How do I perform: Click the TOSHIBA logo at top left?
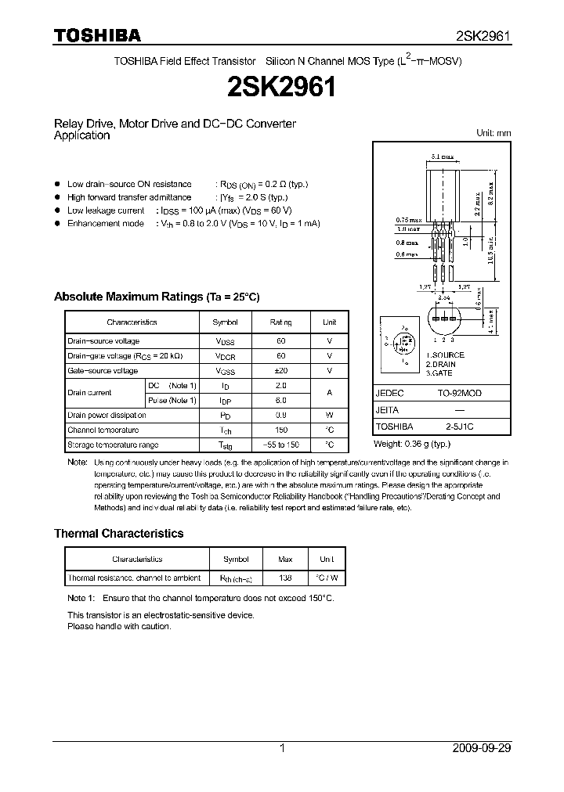(x=97, y=34)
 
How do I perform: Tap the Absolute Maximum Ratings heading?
(x=156, y=297)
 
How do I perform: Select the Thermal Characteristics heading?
(x=118, y=534)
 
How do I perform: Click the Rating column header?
(x=281, y=322)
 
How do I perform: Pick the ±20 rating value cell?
(x=281, y=371)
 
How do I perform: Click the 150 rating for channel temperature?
(x=281, y=430)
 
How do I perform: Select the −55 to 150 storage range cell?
(x=281, y=445)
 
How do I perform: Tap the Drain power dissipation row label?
(x=107, y=416)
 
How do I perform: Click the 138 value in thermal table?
(x=285, y=578)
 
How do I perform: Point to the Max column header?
(x=285, y=560)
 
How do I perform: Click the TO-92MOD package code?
(x=460, y=394)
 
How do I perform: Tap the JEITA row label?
(x=388, y=410)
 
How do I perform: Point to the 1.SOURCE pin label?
(x=445, y=355)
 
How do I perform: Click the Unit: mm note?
(x=493, y=133)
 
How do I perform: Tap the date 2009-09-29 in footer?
(x=482, y=748)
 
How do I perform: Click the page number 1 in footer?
(x=282, y=748)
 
